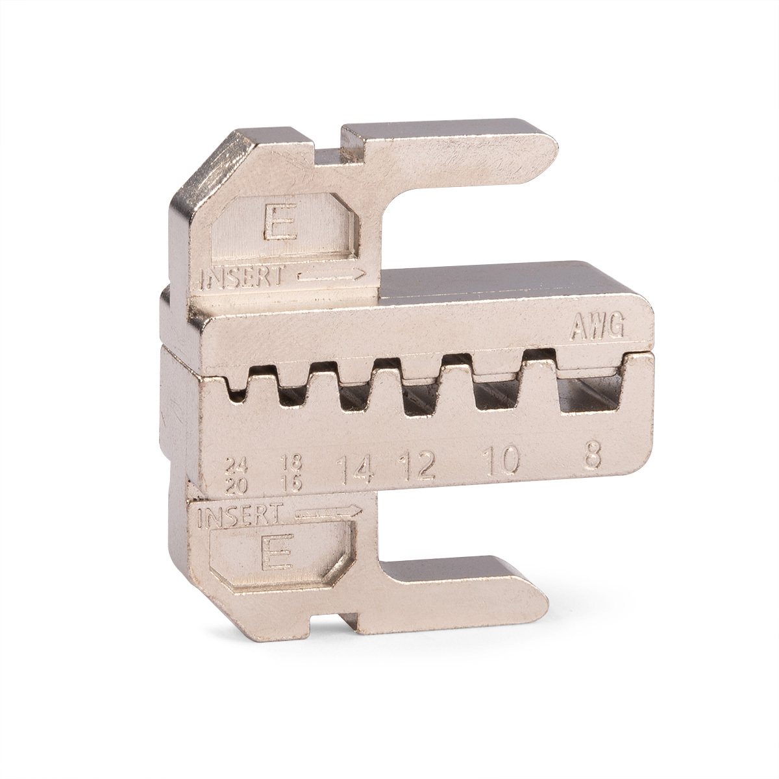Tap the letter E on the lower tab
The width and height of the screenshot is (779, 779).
[x=276, y=551]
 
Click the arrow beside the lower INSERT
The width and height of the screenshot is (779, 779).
[x=328, y=512]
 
